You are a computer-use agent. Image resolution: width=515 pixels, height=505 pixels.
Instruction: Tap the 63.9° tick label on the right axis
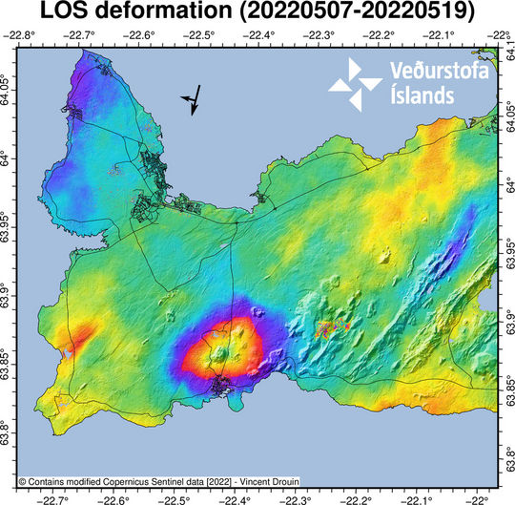click(505, 316)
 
